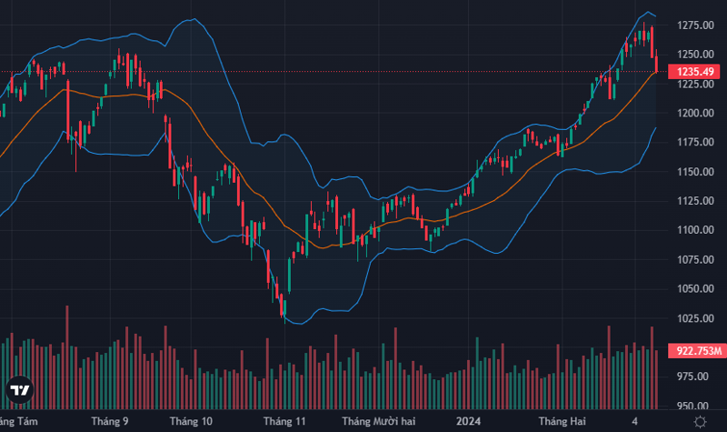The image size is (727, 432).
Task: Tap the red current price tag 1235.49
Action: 693,72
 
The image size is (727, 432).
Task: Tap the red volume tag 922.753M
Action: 695,350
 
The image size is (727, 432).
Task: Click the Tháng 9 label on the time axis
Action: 110,421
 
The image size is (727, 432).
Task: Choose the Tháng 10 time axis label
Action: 191,421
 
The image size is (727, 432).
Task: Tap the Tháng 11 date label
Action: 284,421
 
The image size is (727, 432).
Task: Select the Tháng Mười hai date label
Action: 378,421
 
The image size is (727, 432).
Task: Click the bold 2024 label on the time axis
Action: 468,421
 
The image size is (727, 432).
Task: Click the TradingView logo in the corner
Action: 20,390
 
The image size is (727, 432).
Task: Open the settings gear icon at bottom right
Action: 701,421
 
